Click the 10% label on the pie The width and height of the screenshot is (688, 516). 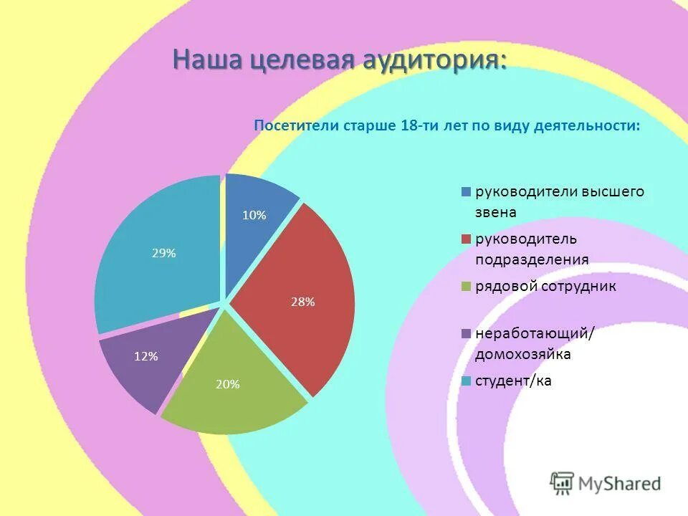click(254, 215)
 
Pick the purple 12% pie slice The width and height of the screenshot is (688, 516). click(147, 362)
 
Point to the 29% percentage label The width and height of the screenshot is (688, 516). click(163, 253)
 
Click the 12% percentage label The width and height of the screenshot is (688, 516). click(145, 356)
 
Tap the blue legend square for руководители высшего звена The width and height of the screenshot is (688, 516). click(466, 192)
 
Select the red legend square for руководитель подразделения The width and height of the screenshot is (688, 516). click(466, 239)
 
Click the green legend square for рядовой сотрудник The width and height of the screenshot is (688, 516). click(466, 287)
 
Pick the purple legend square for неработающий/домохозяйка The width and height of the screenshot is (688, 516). click(466, 333)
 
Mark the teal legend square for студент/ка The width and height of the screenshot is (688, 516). click(466, 381)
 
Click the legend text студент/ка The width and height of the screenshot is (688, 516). click(513, 381)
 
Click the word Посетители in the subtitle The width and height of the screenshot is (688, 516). click(297, 126)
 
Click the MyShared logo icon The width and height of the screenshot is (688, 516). click(562, 483)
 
